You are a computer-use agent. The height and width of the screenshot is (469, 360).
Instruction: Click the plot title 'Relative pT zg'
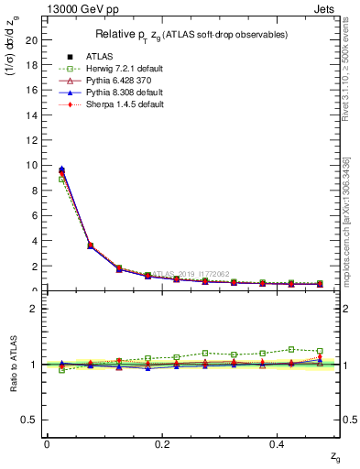[191, 35]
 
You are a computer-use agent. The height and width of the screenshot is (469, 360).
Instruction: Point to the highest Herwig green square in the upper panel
[61, 180]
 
